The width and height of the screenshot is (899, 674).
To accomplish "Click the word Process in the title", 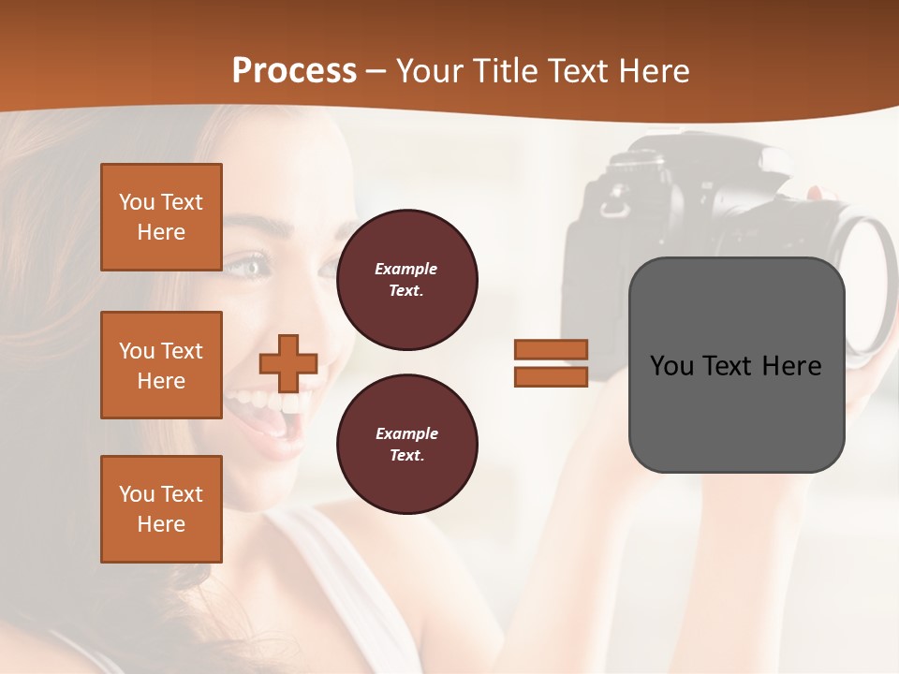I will click(x=294, y=71).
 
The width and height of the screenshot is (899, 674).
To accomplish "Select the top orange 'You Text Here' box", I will click(x=161, y=217).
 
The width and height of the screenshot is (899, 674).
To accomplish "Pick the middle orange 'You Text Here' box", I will click(x=161, y=365).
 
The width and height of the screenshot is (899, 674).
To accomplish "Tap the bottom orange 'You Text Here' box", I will click(x=161, y=509).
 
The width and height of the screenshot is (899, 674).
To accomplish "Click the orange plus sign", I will click(x=288, y=363).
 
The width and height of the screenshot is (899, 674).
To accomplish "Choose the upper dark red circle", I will click(x=406, y=280).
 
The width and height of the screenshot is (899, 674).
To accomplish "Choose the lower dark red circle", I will click(x=406, y=445).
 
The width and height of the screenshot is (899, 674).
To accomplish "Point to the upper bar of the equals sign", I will click(x=551, y=349).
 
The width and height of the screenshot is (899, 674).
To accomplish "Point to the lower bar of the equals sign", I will click(x=551, y=377).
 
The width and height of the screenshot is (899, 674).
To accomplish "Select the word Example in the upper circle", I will click(x=405, y=269).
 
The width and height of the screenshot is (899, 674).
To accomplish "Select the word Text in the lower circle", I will click(x=405, y=455).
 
